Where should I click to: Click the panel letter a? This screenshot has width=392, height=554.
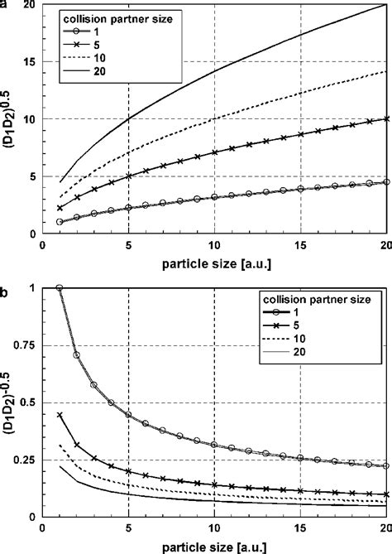6,4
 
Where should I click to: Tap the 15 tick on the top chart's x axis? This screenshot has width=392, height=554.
300,247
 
